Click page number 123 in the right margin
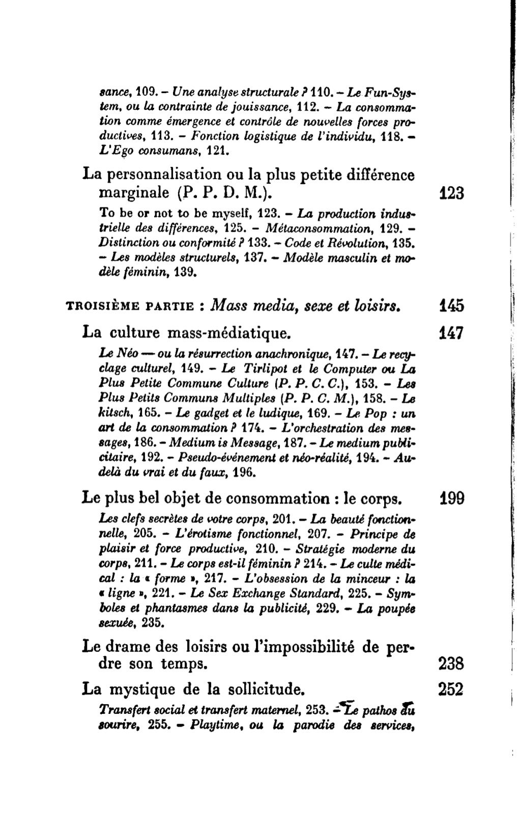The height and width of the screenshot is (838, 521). coord(451,193)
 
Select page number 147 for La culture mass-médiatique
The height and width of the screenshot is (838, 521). coord(451,334)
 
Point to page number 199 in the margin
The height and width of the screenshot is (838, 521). coord(451,498)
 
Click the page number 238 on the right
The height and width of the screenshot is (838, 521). coord(451,664)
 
